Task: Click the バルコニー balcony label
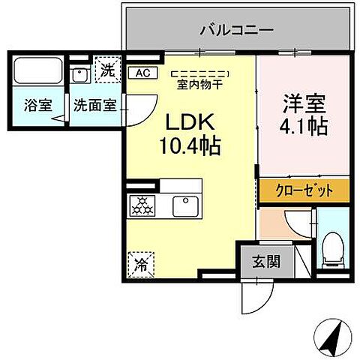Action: pos(236,30)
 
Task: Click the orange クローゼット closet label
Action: pos(304,190)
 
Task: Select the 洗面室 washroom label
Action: pos(94,105)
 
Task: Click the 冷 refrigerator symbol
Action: pos(140,263)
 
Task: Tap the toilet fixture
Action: pos(331,248)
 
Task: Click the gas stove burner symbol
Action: pos(142,204)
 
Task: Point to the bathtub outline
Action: pos(37,73)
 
